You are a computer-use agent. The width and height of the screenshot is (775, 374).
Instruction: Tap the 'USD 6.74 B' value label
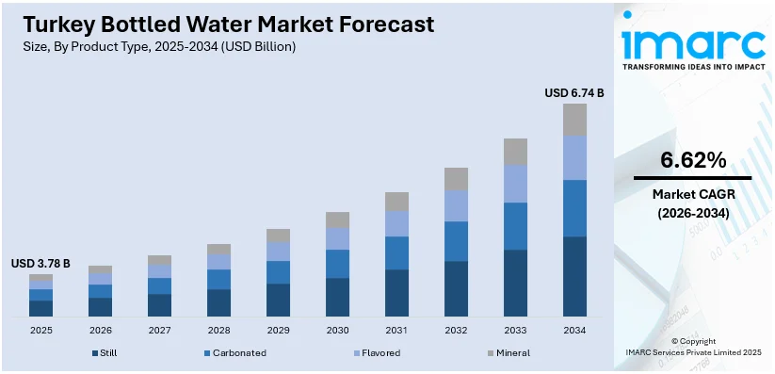pyautogui.click(x=573, y=92)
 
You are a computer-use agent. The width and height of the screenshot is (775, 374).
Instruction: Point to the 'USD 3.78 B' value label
pyautogui.click(x=40, y=263)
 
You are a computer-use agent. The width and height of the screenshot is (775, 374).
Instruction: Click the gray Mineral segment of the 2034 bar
pyautogui.click(x=574, y=119)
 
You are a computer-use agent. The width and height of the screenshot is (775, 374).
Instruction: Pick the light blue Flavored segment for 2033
pyautogui.click(x=515, y=184)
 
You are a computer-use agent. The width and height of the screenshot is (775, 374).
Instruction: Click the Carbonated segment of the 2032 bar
pyautogui.click(x=456, y=241)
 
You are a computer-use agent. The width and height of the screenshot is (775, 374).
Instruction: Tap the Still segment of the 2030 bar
pyautogui.click(x=337, y=297)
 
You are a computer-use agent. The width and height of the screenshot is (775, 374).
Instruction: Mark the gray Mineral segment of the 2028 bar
pyautogui.click(x=218, y=249)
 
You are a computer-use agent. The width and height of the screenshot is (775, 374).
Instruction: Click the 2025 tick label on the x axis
pyautogui.click(x=40, y=330)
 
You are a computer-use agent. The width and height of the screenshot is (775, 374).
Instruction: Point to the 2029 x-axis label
pyautogui.click(x=278, y=330)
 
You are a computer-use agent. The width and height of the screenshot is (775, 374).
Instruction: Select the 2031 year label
pyautogui.click(x=396, y=330)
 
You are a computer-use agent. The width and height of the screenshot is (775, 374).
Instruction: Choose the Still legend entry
pyautogui.click(x=105, y=353)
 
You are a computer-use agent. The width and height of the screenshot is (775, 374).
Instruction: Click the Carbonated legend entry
pyautogui.click(x=234, y=353)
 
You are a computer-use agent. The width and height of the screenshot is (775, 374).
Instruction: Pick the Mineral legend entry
pyautogui.click(x=509, y=353)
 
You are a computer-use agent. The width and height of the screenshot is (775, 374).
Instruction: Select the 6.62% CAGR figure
pyautogui.click(x=693, y=160)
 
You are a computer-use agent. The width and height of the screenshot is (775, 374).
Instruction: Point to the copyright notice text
pyautogui.click(x=693, y=347)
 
